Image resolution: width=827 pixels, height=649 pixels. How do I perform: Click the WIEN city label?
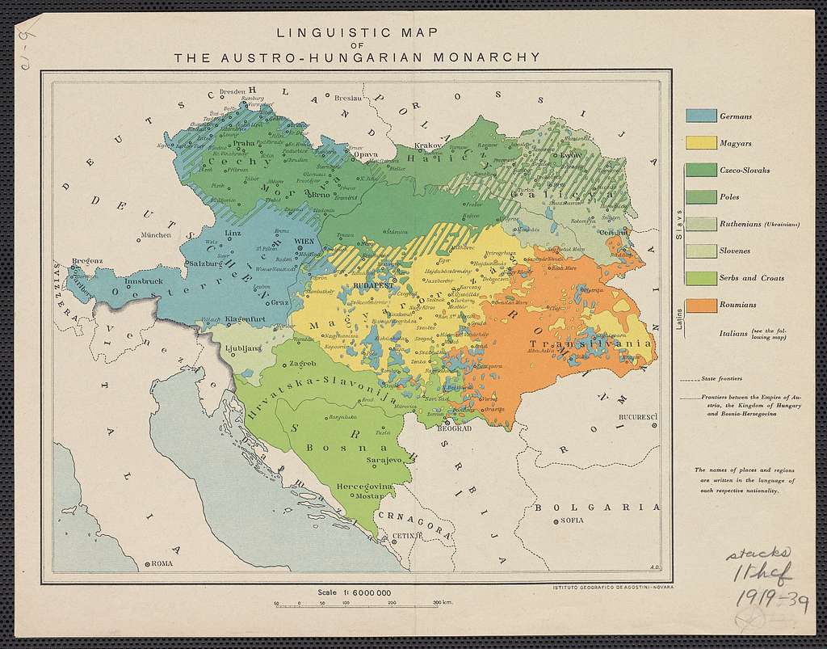click(305, 241)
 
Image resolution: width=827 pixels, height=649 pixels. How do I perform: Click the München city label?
click(156, 235)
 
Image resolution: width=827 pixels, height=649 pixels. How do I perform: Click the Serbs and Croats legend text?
click(751, 278)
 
